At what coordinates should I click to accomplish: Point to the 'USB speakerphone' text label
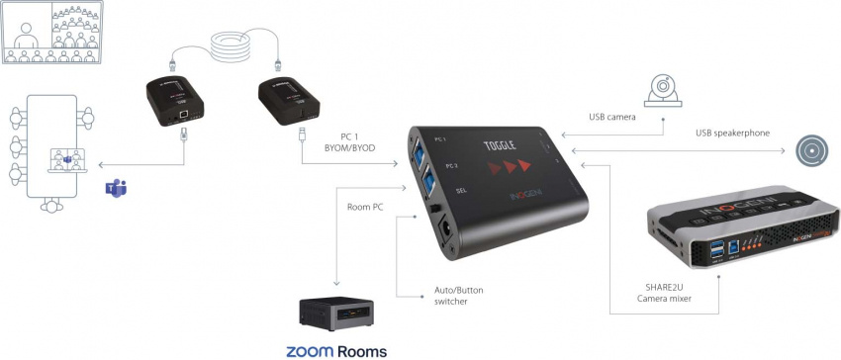732,134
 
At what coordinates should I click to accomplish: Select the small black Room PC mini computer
336,311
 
